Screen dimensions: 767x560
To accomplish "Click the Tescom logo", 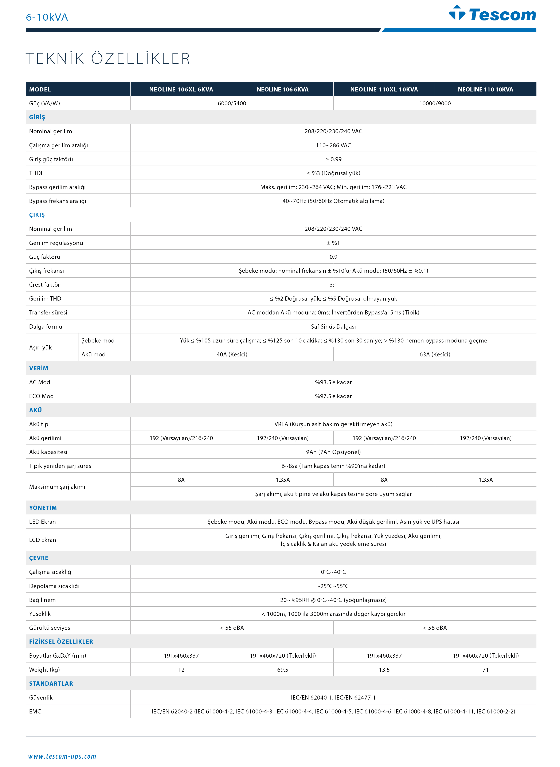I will [492, 14].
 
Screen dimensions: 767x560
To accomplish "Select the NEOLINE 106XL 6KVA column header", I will [181, 90].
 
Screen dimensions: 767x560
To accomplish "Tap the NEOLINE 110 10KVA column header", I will [485, 90].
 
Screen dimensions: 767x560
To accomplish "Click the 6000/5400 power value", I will [232, 103].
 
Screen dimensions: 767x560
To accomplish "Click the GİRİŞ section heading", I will [37, 117].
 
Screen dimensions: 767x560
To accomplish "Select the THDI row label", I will [36, 173].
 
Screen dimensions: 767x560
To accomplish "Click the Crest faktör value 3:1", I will [333, 285].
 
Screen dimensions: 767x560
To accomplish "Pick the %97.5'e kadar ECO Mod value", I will [333, 396].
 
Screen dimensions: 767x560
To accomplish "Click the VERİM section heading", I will [39, 368].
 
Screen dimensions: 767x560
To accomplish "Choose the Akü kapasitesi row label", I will [48, 452].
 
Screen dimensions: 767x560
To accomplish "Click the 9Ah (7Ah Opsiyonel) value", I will [333, 452].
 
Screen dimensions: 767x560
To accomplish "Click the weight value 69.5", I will [282, 670].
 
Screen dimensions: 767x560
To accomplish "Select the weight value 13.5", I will [384, 670].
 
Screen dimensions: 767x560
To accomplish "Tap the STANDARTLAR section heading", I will [51, 684].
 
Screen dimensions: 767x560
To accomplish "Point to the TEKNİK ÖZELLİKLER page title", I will [108, 58].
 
